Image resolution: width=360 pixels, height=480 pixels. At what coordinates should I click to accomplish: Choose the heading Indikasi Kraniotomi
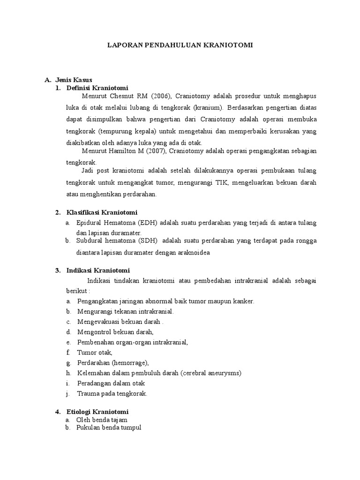tap(98, 270)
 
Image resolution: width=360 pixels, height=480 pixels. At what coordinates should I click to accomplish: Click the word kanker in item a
tap(244, 301)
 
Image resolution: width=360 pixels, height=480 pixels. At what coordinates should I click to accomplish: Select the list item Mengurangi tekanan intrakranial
tap(125, 311)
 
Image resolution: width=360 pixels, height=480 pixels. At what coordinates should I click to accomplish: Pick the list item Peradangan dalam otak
tap(111, 383)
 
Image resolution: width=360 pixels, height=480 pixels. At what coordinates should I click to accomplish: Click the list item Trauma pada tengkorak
tap(112, 393)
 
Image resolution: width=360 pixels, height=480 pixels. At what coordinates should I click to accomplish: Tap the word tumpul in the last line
tap(131, 428)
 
